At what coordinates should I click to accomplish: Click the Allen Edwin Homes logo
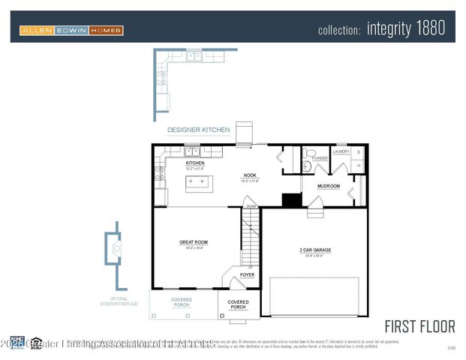71,30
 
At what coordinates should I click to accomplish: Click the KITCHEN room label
195,163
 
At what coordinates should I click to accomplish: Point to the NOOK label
250,175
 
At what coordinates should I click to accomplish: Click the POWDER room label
320,158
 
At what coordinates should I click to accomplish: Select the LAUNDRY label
341,151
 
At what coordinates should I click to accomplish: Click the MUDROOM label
328,186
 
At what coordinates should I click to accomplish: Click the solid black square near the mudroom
291,199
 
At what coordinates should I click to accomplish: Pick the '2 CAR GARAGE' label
315,250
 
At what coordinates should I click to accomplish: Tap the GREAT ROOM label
193,242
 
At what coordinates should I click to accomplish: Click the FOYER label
247,275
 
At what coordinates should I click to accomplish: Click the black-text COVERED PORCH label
238,304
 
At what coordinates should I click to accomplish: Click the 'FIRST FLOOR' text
419,326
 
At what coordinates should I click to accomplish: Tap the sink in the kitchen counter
192,151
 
